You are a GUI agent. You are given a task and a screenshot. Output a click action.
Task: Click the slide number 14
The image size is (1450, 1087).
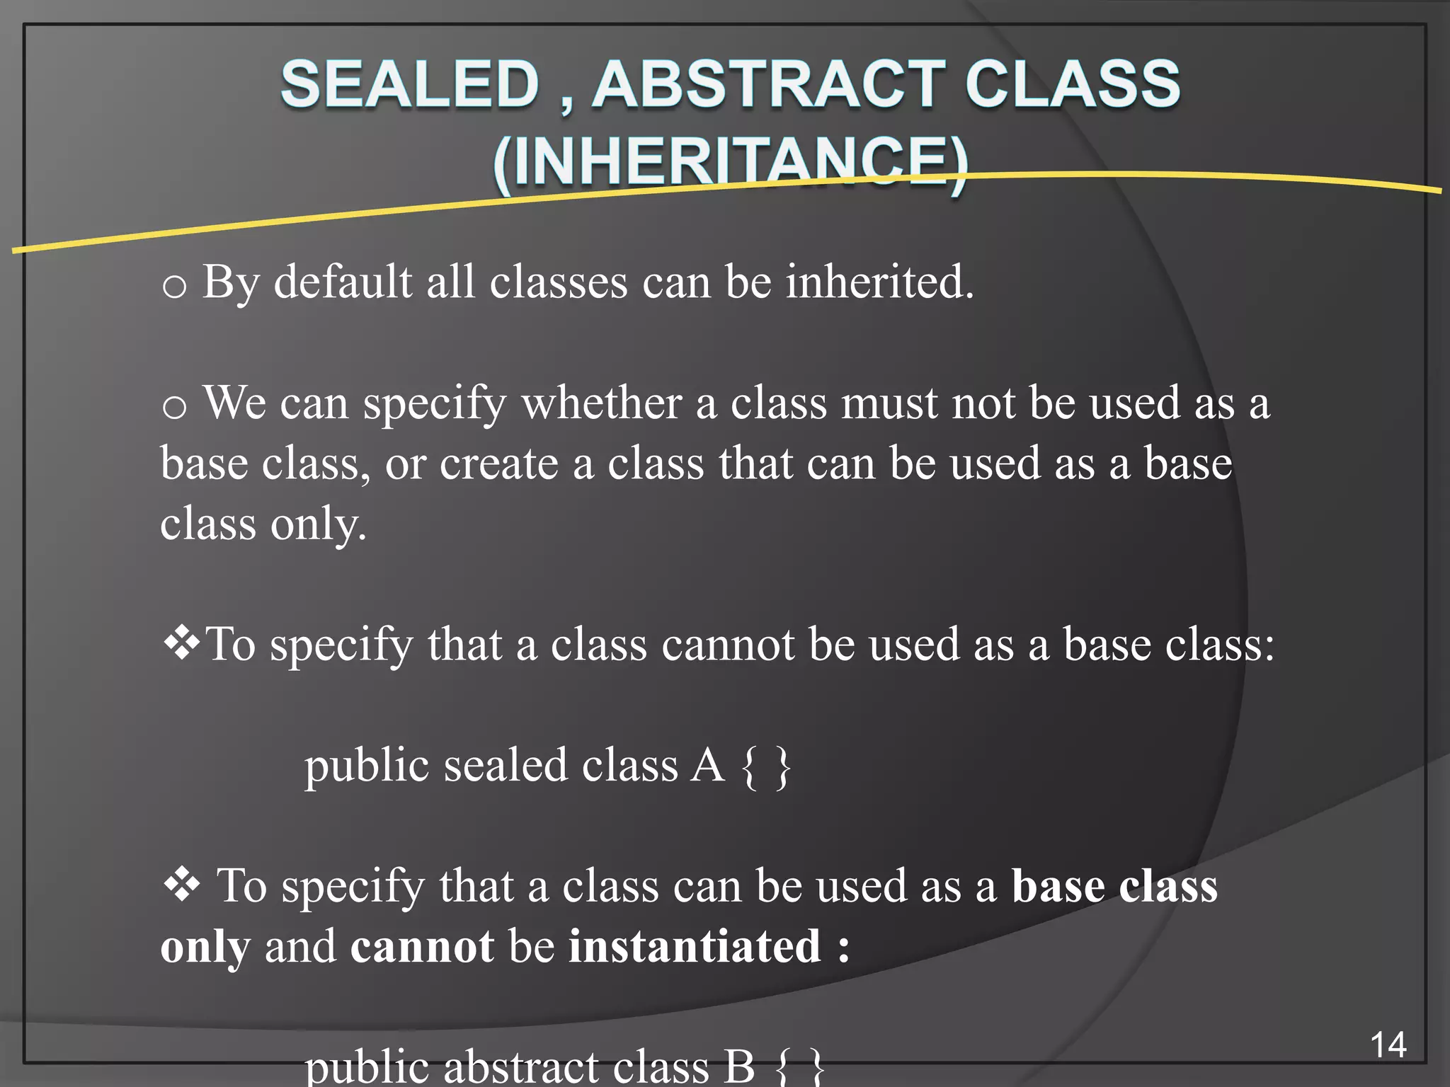tap(1388, 1045)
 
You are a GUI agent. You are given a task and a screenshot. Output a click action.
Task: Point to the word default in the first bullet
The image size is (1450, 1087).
tap(343, 282)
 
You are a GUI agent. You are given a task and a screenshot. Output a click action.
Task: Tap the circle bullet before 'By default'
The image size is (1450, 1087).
tap(174, 287)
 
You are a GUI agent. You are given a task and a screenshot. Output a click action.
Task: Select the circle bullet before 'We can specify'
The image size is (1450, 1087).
tap(174, 408)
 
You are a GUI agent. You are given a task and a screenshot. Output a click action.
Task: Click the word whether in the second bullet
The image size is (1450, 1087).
tap(601, 403)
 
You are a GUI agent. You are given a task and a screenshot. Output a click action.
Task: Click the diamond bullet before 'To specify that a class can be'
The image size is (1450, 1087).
tap(182, 885)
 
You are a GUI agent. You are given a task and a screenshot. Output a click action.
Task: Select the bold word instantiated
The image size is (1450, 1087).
tap(695, 947)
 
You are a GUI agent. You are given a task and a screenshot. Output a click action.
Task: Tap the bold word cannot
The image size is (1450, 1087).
tap(422, 947)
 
